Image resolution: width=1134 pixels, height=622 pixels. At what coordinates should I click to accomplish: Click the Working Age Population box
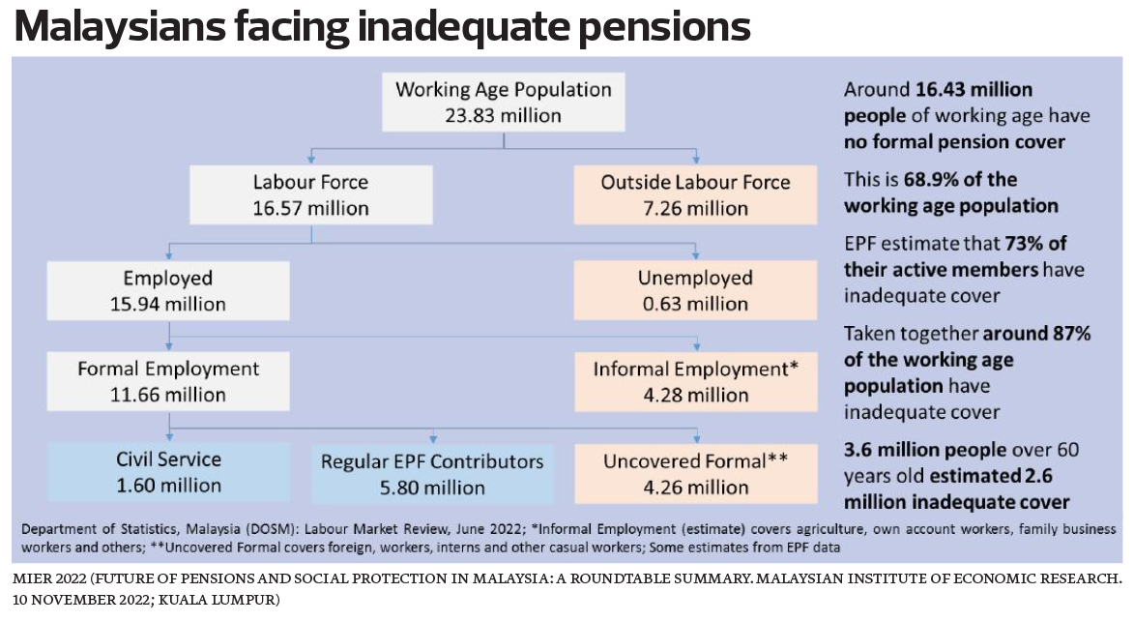click(x=504, y=102)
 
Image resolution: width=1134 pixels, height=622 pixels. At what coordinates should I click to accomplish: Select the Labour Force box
click(x=310, y=194)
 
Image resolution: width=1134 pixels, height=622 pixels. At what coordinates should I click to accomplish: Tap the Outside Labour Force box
click(x=695, y=194)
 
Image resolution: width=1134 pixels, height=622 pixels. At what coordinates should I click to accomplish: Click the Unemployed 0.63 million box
click(x=695, y=291)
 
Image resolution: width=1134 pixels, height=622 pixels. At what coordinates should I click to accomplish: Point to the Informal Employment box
click(x=695, y=381)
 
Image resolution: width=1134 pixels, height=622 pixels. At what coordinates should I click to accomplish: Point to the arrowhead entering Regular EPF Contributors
click(x=432, y=440)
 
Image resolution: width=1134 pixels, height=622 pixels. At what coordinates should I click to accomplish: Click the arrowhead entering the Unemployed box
click(x=695, y=257)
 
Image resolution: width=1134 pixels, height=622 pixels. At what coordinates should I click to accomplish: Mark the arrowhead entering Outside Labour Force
click(x=695, y=160)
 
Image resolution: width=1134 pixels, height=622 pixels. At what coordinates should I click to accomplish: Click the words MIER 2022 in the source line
click(x=47, y=578)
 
